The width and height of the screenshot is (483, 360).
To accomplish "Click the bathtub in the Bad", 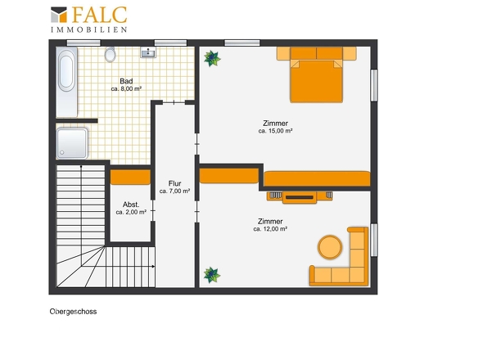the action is tap(66, 82).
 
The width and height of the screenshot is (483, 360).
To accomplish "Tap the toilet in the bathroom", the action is tap(110, 55).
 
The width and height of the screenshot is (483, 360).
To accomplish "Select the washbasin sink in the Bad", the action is tap(148, 52).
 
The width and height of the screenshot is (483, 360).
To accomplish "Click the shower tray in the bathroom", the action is tap(72, 143).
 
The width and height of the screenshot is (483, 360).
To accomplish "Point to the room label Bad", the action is tap(126, 81).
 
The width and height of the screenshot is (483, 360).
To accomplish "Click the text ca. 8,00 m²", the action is tap(126, 88).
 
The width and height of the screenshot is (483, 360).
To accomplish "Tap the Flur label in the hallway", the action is tap(174, 183).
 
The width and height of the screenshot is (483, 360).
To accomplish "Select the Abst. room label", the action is tap(131, 205).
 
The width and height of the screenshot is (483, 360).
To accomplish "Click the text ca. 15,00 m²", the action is tap(275, 131).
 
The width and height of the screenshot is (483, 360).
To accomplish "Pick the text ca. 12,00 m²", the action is tap(270, 229).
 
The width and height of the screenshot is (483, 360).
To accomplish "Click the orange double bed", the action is tap(316, 74).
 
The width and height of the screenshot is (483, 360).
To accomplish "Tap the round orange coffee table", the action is tap(330, 247).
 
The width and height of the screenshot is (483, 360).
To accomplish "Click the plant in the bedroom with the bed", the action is tap(212, 59).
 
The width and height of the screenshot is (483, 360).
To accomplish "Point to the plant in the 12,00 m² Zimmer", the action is tap(212, 275).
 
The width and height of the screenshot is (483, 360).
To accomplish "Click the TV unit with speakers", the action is tap(300, 197).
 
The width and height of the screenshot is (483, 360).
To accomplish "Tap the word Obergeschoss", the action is tap(73, 312).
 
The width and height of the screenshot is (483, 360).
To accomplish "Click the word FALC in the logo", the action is tap(99, 15).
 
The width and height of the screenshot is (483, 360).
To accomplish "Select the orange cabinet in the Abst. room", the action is tap(130, 177).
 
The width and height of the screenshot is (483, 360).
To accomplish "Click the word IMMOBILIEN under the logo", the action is tap(88, 30).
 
